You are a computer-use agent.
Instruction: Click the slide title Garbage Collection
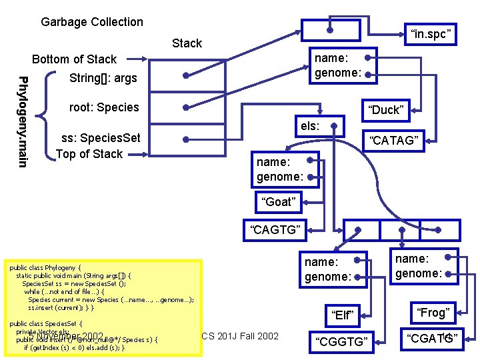pos(92,22)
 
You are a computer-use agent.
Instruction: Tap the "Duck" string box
pos(387,110)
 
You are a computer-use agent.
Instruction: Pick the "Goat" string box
pos(278,202)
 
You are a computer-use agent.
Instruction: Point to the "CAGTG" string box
pos(275,231)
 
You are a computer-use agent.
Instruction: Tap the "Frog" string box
pos(433,312)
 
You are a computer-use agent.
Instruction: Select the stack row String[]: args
pos(103,79)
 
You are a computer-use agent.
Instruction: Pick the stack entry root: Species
pos(104,107)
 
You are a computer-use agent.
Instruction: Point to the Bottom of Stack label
pos(74,59)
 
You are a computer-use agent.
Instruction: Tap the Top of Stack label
pos(89,154)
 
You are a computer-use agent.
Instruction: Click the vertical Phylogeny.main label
pos(23,122)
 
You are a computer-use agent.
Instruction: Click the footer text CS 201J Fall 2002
pos(240,335)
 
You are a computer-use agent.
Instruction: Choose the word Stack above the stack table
pos(187,43)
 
